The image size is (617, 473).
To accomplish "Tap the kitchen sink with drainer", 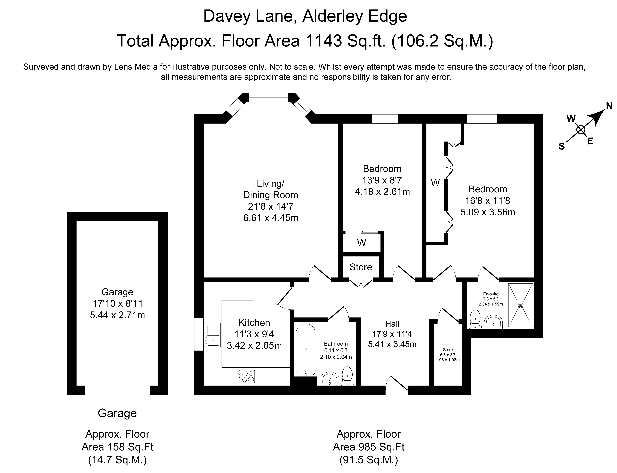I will [x=212, y=335].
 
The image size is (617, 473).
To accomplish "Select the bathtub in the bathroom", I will [x=306, y=349].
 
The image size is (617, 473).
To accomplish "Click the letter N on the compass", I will [x=609, y=106].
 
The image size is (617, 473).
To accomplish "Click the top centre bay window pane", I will [x=269, y=98].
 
